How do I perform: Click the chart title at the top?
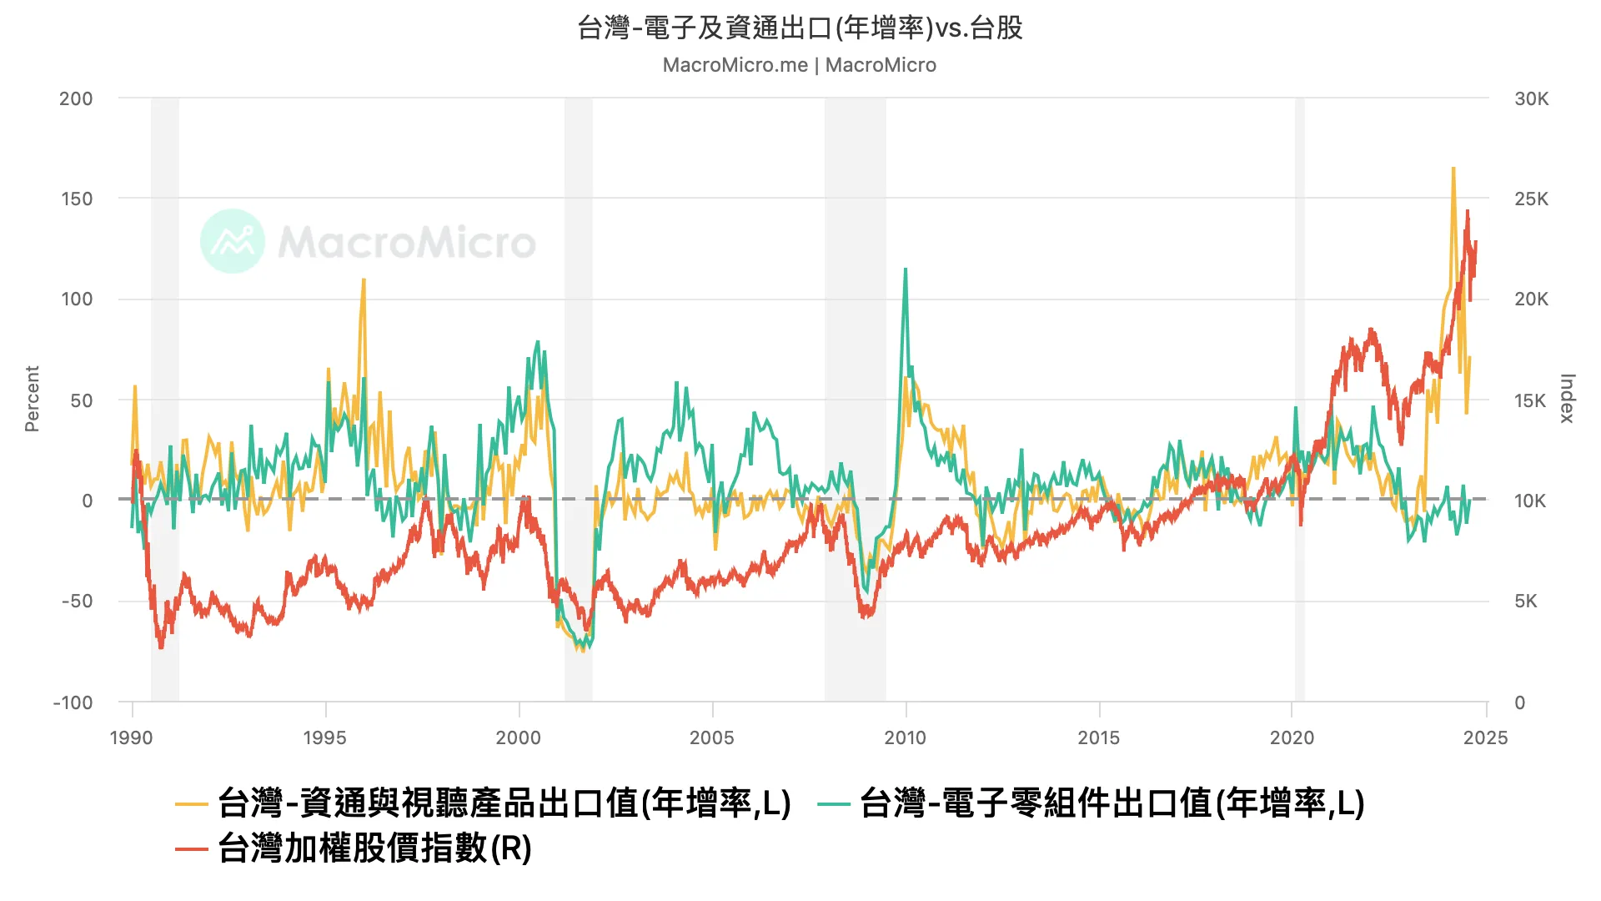[x=800, y=28]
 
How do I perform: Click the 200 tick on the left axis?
[x=76, y=98]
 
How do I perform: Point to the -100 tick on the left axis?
[x=73, y=702]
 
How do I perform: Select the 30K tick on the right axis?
[x=1531, y=98]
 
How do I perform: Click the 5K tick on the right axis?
[x=1525, y=602]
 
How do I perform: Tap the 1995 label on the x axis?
[x=324, y=737]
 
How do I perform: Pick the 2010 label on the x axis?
[x=905, y=737]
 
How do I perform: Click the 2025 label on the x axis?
[x=1485, y=737]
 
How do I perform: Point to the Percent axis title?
[x=33, y=399]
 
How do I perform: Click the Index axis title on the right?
[x=1567, y=399]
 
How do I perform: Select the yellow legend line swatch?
[x=191, y=804]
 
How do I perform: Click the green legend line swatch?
[x=833, y=804]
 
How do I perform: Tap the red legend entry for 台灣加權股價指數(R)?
[x=374, y=848]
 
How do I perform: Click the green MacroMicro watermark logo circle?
[x=233, y=241]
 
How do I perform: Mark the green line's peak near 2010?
[x=906, y=269]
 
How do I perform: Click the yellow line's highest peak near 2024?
[x=1453, y=169]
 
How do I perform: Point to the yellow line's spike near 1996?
[x=364, y=280]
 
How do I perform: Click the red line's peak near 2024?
[x=1468, y=212]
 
